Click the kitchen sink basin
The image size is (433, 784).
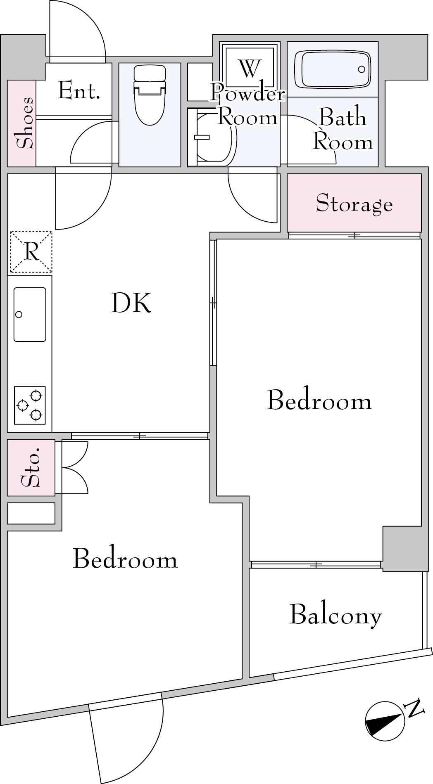(x=30, y=314)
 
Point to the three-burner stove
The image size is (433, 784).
(x=30, y=405)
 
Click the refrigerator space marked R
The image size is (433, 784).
(x=31, y=252)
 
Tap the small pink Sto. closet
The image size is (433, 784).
(x=31, y=468)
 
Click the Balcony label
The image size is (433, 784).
(x=335, y=615)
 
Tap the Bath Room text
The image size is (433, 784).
(x=343, y=129)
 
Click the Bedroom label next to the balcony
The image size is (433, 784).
(x=319, y=400)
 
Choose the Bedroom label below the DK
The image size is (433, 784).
(x=125, y=559)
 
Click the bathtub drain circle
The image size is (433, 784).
(x=362, y=69)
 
